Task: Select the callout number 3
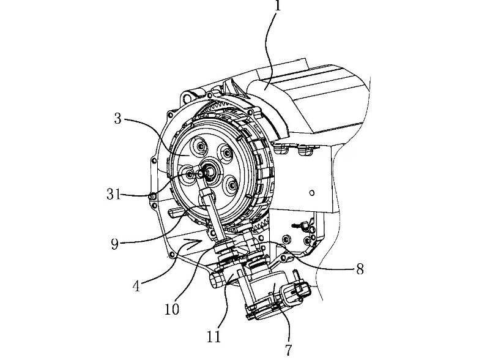118,118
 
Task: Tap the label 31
114,195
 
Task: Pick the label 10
172,309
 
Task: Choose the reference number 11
214,336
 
